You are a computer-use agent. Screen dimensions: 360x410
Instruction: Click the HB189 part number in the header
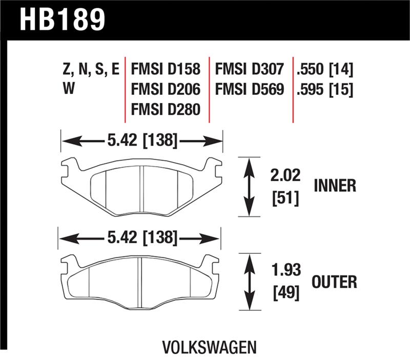tap(62, 19)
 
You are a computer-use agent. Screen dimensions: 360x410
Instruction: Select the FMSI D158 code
tap(166, 69)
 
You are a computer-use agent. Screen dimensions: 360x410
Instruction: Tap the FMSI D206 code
tap(166, 90)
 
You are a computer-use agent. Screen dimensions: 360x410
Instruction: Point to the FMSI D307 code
tap(250, 69)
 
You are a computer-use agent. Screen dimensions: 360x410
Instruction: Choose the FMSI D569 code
tap(250, 90)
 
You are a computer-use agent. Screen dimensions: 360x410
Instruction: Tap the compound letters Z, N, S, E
tap(90, 69)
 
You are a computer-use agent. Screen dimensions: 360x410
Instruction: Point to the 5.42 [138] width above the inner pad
tap(142, 139)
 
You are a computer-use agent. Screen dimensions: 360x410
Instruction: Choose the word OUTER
tap(334, 281)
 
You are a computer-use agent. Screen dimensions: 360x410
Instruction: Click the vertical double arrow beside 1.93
tap(250, 282)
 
